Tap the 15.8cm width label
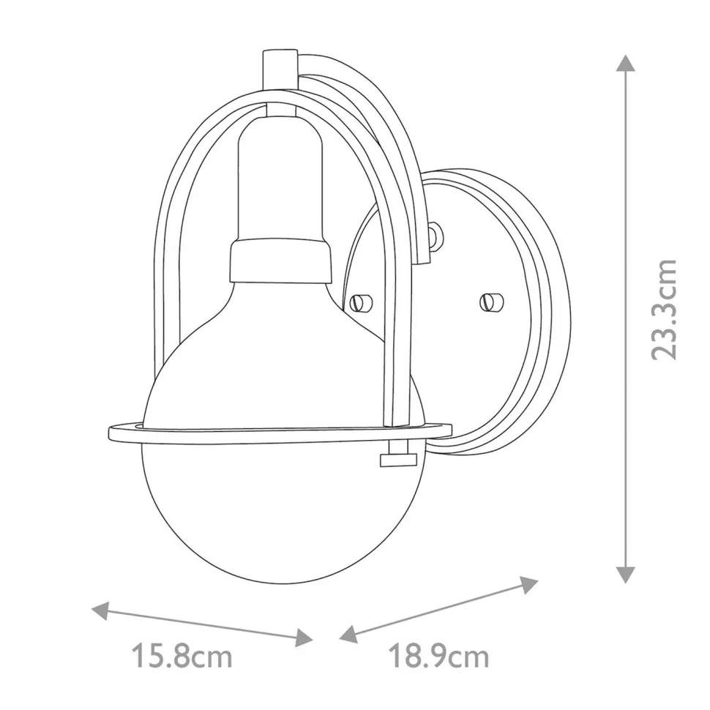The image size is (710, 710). (x=182, y=656)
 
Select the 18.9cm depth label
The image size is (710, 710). (x=438, y=656)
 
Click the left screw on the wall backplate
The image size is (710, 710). (x=359, y=301)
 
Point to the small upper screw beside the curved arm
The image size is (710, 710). (x=436, y=235)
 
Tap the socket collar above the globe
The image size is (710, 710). (x=278, y=262)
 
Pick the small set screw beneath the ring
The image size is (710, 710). (x=393, y=459)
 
